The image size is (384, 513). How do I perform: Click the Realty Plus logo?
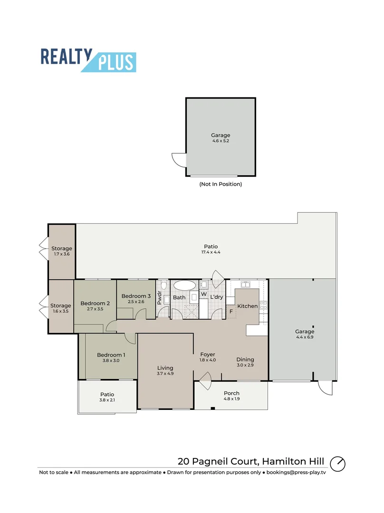point(88,60)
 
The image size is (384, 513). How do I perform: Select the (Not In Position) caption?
point(221,184)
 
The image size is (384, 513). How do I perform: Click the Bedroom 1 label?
point(111,355)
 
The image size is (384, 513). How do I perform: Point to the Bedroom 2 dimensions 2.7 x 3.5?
point(95,309)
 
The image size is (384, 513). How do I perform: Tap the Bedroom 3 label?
point(136,296)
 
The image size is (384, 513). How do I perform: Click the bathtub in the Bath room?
point(184,285)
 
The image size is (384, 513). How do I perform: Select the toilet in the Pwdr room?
point(163,285)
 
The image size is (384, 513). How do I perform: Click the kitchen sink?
point(246,285)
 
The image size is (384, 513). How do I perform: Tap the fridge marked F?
point(231,312)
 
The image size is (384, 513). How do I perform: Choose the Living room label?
point(165,368)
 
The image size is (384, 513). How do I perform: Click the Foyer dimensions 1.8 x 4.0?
point(208,360)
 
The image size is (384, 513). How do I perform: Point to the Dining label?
point(245,360)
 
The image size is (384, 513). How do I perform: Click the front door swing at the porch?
point(205,382)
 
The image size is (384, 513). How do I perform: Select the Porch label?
point(231,393)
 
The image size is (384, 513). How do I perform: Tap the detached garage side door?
point(178,160)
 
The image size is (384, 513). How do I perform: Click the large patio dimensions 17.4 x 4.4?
point(211,252)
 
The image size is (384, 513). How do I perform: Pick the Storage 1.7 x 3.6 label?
point(62,248)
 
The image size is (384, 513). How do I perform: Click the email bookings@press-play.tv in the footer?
point(297,473)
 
